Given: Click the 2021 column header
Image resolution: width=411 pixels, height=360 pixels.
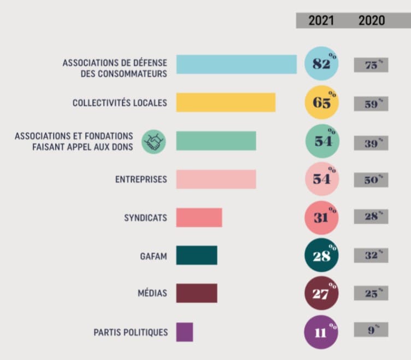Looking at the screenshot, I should [x=321, y=20].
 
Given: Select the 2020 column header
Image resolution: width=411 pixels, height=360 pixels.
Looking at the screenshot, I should [x=372, y=20].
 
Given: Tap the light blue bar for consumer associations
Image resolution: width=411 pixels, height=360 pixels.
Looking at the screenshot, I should [x=236, y=65].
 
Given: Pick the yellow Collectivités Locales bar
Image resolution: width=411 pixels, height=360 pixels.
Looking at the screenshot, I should [x=225, y=103].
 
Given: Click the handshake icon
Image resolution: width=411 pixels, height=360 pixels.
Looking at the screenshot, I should [x=154, y=142].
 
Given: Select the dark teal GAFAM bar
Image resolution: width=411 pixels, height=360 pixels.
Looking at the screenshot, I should [x=196, y=256].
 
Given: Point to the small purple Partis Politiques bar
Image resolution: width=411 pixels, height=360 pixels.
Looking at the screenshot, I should [x=184, y=332].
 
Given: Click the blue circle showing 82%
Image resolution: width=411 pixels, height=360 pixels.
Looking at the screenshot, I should [x=321, y=64].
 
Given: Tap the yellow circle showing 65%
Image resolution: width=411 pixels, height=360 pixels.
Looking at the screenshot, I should [x=321, y=103].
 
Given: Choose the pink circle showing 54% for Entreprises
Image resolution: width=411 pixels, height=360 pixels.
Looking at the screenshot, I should [x=321, y=179].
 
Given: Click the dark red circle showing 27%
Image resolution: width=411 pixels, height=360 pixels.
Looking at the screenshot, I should [x=321, y=294].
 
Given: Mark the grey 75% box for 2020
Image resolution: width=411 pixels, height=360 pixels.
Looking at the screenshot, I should [x=371, y=65].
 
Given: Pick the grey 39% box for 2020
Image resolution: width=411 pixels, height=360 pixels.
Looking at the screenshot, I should [x=371, y=142].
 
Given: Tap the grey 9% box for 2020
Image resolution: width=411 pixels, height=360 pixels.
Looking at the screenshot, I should [x=371, y=330].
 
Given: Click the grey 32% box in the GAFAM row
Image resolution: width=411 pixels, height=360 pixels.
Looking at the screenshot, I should [x=371, y=255].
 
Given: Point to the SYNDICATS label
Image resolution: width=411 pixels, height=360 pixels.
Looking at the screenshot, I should [x=145, y=218].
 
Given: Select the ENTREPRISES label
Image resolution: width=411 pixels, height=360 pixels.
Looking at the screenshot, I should [x=141, y=179].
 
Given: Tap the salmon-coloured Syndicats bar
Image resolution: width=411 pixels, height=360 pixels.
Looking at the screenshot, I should [x=199, y=218].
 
